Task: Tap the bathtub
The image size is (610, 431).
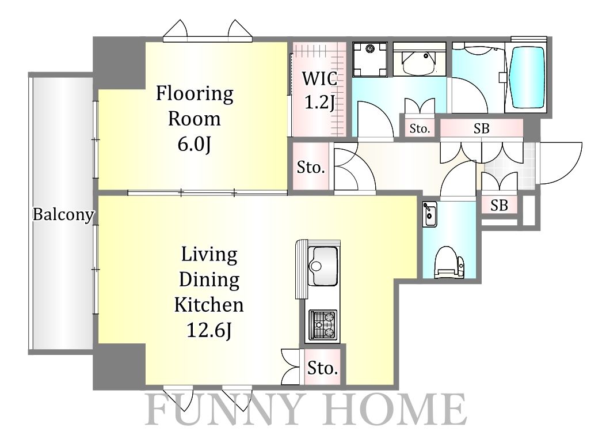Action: (x=527, y=78)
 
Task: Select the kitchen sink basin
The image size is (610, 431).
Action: (x=323, y=267)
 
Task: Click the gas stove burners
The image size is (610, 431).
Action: (x=323, y=324)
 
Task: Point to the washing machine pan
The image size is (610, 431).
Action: (x=370, y=59)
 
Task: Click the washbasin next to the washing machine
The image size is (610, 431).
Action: (x=419, y=63)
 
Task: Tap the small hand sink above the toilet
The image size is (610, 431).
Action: (x=429, y=214)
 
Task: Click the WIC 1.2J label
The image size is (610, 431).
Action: (x=320, y=91)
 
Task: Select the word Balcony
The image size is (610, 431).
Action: (x=63, y=215)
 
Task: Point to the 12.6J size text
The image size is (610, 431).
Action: (x=209, y=331)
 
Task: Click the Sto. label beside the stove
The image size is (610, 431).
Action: (x=322, y=368)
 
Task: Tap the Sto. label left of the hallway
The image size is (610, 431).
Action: (x=310, y=167)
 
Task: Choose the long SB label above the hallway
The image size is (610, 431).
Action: (x=481, y=128)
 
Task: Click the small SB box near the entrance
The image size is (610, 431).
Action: (x=499, y=205)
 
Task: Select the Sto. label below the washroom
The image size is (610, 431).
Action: (x=420, y=128)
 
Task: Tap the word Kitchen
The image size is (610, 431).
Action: (x=209, y=305)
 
